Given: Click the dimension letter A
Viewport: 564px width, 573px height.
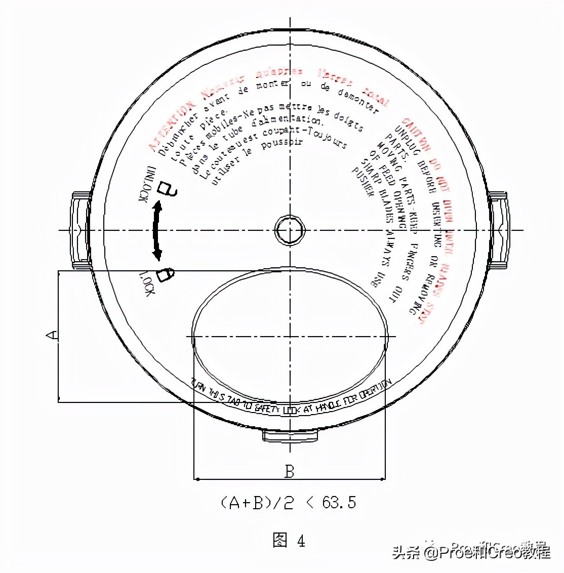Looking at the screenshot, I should (52, 335).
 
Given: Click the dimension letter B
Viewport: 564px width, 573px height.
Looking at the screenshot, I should (289, 472).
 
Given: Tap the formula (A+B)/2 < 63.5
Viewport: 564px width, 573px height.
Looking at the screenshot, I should (289, 502).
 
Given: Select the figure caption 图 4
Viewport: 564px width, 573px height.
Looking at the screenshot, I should (289, 541).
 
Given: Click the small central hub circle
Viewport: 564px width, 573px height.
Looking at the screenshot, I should (290, 230).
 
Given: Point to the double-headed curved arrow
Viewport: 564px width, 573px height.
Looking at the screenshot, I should (157, 230).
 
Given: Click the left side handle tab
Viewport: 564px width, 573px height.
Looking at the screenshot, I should (81, 230).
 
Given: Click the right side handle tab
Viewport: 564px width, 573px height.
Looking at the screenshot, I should (498, 230).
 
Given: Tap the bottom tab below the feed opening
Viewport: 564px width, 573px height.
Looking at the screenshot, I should (290, 435).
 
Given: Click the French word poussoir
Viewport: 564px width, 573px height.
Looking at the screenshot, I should (281, 144).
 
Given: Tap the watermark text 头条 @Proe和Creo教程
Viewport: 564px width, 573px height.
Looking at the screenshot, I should (471, 551).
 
